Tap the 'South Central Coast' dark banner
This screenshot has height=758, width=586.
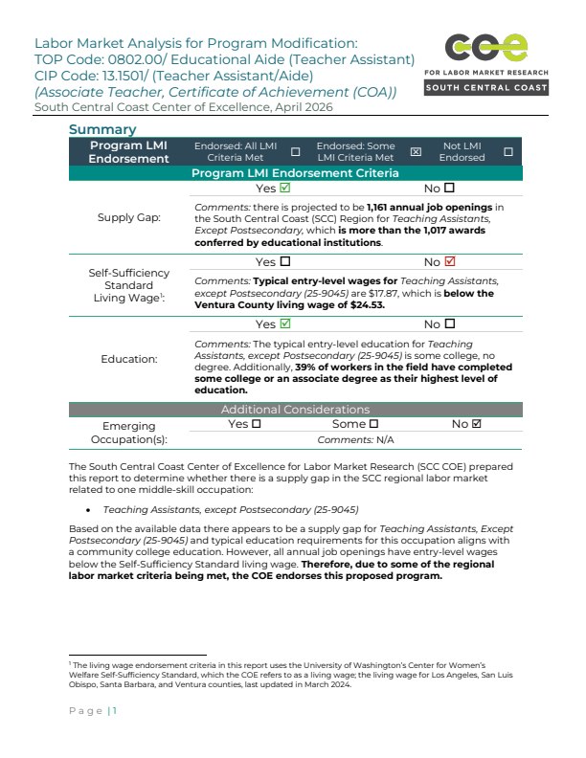(x=487, y=88)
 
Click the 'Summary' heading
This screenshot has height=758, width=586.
(x=102, y=129)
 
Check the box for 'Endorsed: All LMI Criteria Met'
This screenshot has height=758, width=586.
(x=295, y=152)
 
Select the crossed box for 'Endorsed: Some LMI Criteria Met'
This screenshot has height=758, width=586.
(x=416, y=152)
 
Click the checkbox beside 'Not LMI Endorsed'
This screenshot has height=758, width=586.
(x=507, y=152)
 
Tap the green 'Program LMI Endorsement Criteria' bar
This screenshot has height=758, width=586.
(x=295, y=173)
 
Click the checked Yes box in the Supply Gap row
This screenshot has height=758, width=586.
(x=284, y=189)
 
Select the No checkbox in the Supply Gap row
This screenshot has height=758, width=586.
(x=449, y=189)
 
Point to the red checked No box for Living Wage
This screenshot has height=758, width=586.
(x=451, y=261)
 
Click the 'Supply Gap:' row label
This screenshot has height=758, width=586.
(x=129, y=217)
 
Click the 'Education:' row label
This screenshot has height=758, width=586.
(x=129, y=359)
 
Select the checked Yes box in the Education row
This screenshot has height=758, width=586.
(x=284, y=324)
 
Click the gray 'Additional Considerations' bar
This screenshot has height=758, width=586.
(x=295, y=410)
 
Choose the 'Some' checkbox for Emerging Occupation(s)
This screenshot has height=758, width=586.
(x=373, y=424)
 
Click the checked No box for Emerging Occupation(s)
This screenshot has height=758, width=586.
(x=477, y=424)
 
